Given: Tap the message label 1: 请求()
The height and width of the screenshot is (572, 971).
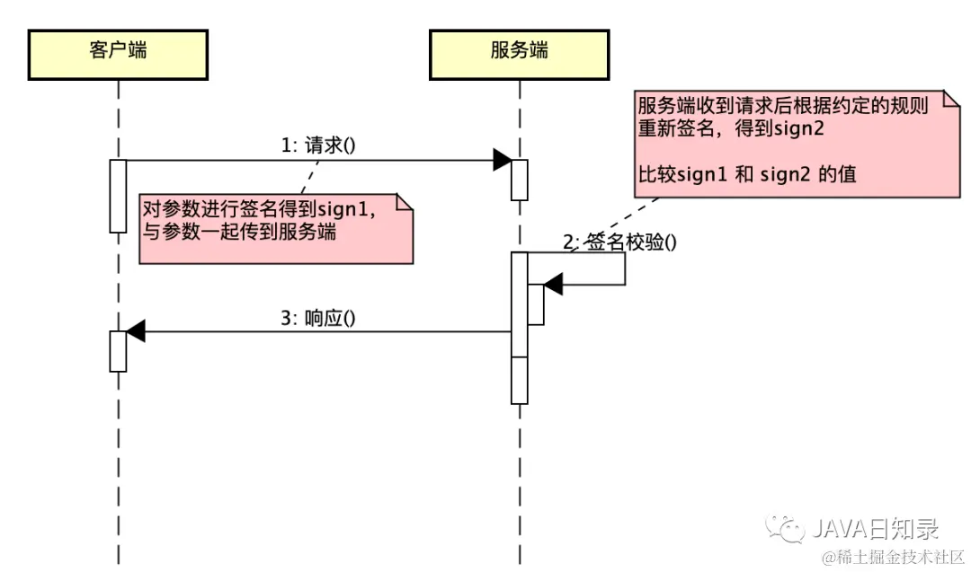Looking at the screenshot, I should point(319,145).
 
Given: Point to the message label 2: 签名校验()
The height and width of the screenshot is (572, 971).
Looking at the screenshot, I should point(619,242).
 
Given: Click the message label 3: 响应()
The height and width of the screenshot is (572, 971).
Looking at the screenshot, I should point(318,317).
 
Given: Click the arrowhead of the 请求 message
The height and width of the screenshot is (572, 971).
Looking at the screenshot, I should point(502,161).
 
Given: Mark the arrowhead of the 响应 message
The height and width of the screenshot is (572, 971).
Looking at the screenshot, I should point(136,331).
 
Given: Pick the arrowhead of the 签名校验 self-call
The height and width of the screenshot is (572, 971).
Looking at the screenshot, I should point(553,286).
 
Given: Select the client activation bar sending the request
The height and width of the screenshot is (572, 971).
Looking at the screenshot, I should point(118,196).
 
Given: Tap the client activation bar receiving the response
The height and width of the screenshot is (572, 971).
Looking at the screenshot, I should point(118,350).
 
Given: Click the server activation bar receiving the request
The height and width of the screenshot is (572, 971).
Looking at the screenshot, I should point(519,180).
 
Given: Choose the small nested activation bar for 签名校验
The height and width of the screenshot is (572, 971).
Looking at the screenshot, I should point(535,304).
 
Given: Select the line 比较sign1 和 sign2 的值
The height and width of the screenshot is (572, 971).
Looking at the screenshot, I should point(746,174).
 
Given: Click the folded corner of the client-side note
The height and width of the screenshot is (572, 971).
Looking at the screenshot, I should point(404,202).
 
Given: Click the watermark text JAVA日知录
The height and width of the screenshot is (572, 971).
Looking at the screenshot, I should point(877,526).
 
